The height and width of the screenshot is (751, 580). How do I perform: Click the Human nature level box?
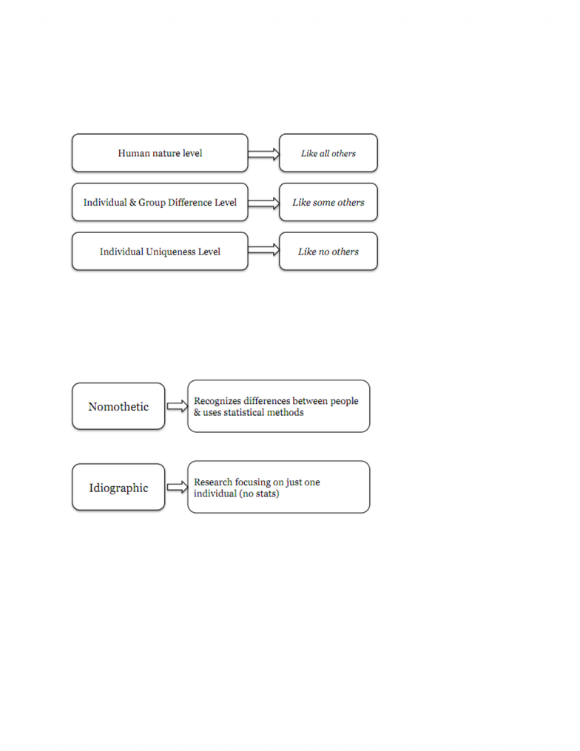coord(160,152)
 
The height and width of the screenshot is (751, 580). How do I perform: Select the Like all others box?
coord(328,152)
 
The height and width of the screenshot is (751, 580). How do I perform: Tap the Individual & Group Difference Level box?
coord(160,202)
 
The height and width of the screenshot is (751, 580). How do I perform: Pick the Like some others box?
coord(328,202)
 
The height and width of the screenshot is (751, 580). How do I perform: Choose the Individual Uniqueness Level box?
coord(160,252)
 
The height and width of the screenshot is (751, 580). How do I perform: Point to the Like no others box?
coord(328,252)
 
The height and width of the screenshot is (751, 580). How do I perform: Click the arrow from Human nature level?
coord(264,154)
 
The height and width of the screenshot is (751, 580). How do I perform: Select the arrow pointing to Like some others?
coord(264,203)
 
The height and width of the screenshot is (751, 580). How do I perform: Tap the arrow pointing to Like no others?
coord(264,249)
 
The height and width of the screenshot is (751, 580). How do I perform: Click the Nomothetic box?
coord(118,406)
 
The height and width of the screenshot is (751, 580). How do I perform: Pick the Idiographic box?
coord(118,487)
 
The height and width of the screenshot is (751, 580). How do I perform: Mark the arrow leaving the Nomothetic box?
coord(178,406)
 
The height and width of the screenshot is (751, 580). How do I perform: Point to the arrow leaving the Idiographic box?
coord(178,487)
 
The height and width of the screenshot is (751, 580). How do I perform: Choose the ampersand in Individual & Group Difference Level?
coord(132,202)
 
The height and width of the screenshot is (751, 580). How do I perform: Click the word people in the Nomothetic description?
coord(344,401)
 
